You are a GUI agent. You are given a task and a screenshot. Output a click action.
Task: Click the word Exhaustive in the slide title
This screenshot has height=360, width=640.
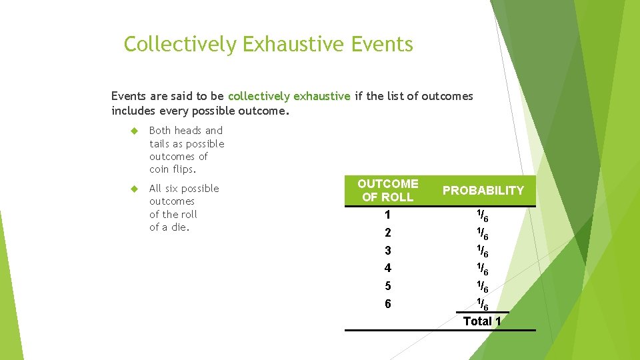(x=293, y=45)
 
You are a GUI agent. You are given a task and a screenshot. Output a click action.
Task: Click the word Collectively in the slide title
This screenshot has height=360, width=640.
(x=180, y=45)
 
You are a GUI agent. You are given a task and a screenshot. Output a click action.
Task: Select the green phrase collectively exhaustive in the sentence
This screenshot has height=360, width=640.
(x=289, y=96)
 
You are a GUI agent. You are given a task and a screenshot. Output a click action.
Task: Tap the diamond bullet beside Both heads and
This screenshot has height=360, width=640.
(x=133, y=131)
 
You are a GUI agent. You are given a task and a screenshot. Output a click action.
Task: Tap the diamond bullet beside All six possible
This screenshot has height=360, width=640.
(x=133, y=189)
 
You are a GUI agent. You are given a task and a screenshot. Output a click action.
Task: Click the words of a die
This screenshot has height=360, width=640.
(x=169, y=227)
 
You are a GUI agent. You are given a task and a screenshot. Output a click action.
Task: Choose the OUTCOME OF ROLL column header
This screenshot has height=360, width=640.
(x=387, y=190)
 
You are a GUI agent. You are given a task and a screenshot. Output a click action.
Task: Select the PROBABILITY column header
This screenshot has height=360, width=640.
(x=483, y=191)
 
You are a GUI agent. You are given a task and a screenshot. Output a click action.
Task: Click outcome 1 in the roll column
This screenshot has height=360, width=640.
(x=387, y=215)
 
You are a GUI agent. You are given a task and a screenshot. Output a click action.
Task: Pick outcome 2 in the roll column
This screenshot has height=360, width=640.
(x=387, y=233)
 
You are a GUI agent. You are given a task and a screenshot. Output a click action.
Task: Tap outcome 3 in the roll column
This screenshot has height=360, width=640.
(x=387, y=251)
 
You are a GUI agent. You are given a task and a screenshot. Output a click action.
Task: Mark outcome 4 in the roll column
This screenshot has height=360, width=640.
(x=387, y=269)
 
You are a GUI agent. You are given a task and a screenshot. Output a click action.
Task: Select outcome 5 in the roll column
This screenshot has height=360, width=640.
(x=387, y=287)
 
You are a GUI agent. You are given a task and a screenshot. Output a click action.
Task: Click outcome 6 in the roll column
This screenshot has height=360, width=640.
(x=387, y=304)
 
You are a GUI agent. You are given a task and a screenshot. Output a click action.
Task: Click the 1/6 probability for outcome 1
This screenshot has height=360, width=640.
(x=482, y=216)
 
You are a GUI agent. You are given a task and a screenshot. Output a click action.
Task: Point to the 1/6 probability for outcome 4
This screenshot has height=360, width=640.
(x=482, y=269)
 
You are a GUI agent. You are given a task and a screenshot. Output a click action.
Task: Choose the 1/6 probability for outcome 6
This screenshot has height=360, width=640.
(x=482, y=305)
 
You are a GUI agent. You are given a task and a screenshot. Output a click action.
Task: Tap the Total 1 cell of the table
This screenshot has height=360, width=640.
(x=482, y=321)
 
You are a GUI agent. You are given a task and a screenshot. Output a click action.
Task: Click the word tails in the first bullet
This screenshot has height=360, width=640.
(x=160, y=144)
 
